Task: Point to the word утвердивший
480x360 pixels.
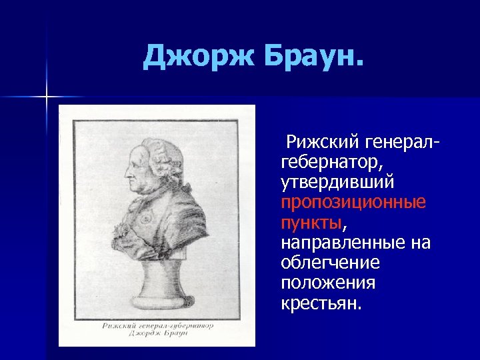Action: [338, 181]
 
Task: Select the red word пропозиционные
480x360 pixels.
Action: [353, 202]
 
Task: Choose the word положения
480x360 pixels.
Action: [328, 283]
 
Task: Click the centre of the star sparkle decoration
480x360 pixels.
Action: [47, 97]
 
